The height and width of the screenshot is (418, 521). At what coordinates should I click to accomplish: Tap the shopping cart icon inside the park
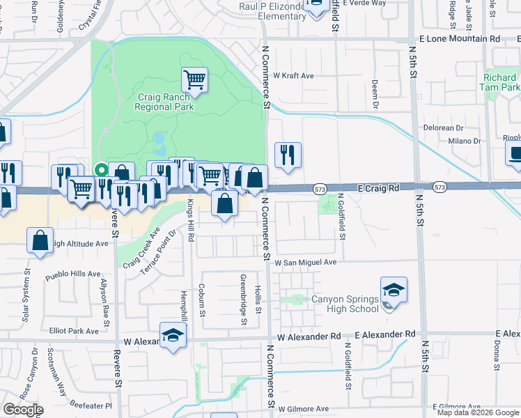[x=194, y=79]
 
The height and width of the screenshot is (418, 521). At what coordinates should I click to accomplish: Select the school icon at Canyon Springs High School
[x=394, y=290]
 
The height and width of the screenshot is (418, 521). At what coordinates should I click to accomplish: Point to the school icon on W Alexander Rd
[x=173, y=335]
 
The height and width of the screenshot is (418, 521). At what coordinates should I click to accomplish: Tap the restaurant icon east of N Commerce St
[x=288, y=155]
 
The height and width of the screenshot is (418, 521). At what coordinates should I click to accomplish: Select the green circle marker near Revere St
[x=101, y=169]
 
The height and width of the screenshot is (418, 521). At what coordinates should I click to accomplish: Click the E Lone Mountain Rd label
[x=460, y=40]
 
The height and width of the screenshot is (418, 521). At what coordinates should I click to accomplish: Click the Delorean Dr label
[x=444, y=128]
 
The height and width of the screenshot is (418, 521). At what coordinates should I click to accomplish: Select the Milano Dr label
[x=465, y=141]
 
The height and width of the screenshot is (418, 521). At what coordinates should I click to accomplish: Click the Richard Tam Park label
[x=499, y=83]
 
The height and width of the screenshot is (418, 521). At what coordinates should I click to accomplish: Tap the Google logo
[x=23, y=410]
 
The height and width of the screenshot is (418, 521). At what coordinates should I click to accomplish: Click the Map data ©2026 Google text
[x=478, y=412]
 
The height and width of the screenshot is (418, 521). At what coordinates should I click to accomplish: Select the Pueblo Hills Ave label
[x=73, y=274]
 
